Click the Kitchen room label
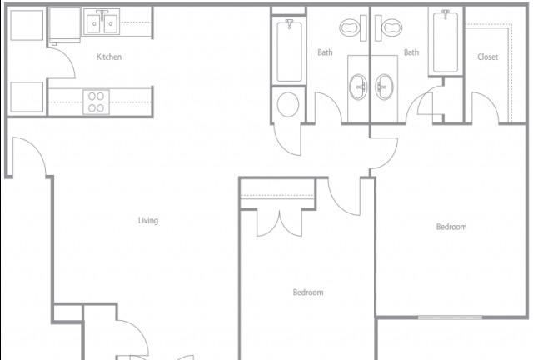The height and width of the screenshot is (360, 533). point(109,57)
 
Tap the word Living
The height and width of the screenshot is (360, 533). point(148,221)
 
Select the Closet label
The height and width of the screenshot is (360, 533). point(487,57)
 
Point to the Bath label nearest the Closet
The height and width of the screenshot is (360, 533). point(411,52)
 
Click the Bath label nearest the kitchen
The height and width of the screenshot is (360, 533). point(325,52)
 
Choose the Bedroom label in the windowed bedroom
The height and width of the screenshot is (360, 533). point(451,227)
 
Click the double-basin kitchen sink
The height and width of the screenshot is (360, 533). point(102,22)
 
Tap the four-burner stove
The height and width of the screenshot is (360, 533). point(97,102)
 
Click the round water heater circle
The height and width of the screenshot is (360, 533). point(288,104)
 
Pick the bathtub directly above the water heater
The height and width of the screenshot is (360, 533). point(289,50)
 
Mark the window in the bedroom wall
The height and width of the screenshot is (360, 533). point(450,317)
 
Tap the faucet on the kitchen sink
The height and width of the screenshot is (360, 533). point(102,13)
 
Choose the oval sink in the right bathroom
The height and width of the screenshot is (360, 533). point(384,87)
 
